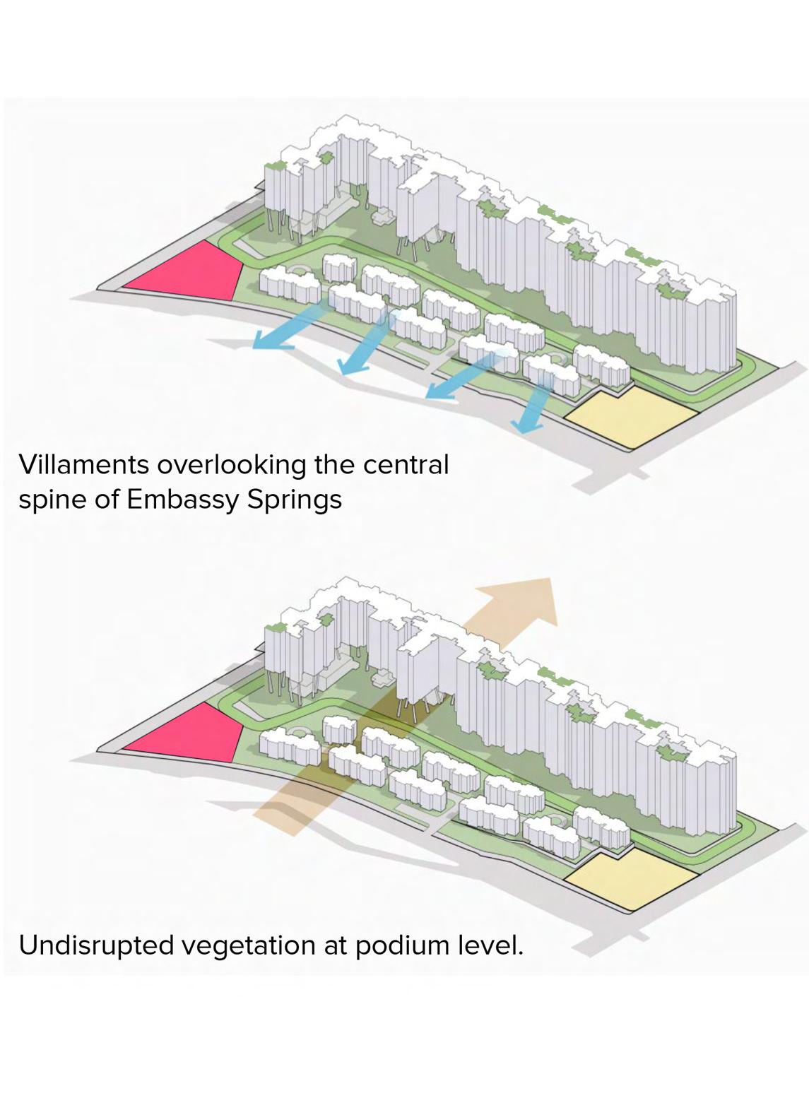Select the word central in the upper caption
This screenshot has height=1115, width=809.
pyautogui.click(x=406, y=465)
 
